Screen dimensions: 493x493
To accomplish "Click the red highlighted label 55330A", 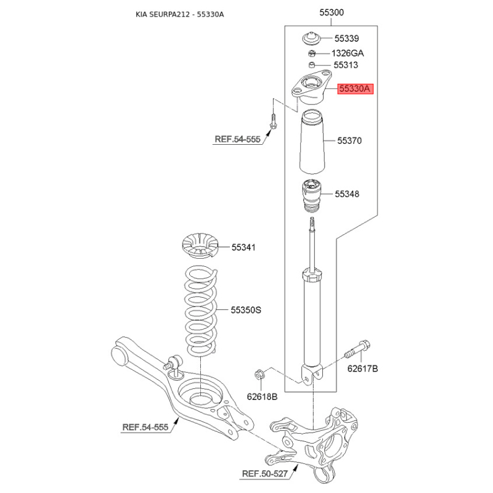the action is (356, 89).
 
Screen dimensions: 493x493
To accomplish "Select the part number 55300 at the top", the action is (332, 12).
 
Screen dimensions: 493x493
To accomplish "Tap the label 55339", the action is (346, 38).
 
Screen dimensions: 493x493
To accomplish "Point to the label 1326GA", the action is (348, 53).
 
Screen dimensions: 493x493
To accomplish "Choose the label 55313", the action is (346, 65).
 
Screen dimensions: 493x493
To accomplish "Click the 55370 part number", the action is (349, 141).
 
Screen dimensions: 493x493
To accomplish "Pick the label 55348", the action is (347, 194).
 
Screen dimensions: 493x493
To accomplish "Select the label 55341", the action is (243, 248).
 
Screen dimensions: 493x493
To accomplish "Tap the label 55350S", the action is (246, 310).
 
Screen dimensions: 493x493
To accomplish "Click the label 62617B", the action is (362, 369).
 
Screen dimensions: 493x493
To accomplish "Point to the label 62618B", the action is (262, 397).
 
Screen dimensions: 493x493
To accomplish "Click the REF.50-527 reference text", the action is (265, 473).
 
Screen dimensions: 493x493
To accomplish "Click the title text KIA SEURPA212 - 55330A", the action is (179, 14).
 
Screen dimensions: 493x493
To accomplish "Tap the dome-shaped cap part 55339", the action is (311, 39).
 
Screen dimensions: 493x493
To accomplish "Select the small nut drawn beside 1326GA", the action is (312, 53).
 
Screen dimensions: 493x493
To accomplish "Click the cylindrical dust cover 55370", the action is (312, 142).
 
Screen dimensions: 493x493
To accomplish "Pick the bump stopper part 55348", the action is (312, 195).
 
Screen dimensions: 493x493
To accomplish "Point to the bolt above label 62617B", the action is (357, 350).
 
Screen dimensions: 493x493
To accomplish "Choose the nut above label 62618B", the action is (259, 375).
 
